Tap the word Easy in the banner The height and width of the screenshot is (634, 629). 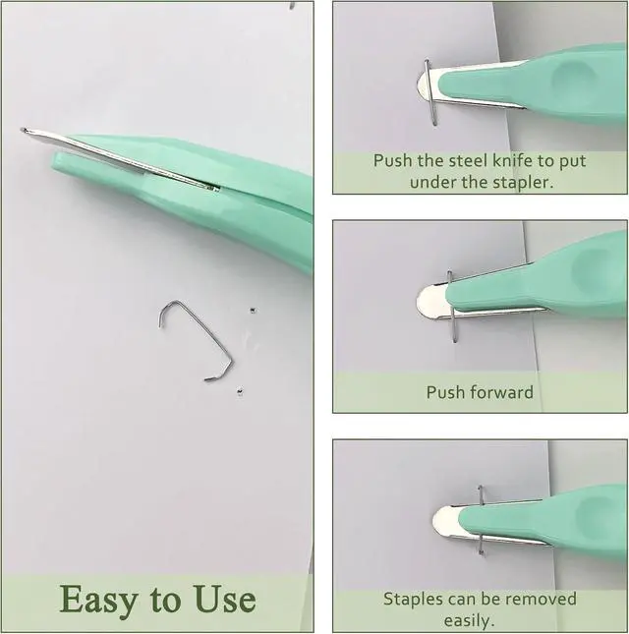[x=98, y=600]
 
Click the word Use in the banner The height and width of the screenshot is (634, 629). [x=225, y=599]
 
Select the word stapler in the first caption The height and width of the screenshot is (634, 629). [x=523, y=183]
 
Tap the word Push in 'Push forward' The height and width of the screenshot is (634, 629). [x=442, y=392]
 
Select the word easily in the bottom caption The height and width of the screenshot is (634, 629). [x=469, y=620]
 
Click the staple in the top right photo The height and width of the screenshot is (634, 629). [x=430, y=93]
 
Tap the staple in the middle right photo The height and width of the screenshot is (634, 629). [x=452, y=308]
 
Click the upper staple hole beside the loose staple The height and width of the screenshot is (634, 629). [x=253, y=311]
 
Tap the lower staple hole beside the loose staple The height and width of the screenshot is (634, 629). [x=240, y=391]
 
